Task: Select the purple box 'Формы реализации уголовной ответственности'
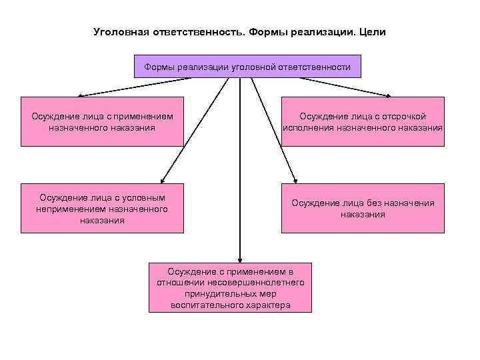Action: (247, 67)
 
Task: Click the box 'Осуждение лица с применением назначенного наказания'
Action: (102, 122)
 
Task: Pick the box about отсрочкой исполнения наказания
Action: (362, 122)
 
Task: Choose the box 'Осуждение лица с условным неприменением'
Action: (102, 208)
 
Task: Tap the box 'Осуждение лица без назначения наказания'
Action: (362, 208)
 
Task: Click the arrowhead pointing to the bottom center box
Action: (240, 259)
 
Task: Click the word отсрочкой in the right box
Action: (403, 117)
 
